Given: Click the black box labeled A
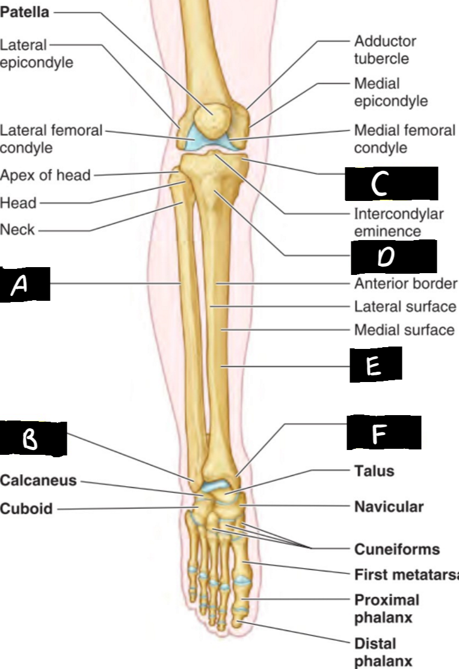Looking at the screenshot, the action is tap(25, 285).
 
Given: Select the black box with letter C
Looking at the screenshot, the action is tap(391, 184).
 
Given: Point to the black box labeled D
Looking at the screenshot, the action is tap(393, 257).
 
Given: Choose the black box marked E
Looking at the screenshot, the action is tap(376, 365).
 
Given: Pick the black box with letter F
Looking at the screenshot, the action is tap(383, 433).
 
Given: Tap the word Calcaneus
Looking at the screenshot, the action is tap(39, 481).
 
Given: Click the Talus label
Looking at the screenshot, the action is tap(374, 470).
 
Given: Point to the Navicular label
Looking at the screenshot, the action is tap(389, 507).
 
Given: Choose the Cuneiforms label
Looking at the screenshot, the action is tap(396, 549).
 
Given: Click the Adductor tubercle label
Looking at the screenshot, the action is tap(385, 50).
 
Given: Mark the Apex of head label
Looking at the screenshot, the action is tap(46, 176).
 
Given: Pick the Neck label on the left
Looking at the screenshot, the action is tap(18, 230).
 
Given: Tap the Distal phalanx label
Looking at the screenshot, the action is tap(375, 653).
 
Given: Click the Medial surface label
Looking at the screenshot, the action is tap(404, 330).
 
